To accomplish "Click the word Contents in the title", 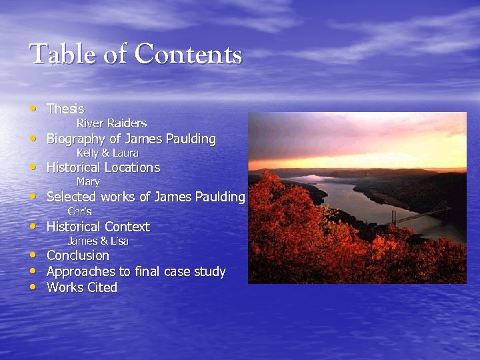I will (189, 54).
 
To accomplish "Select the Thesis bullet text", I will (65, 109).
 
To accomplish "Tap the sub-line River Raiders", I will (111, 123).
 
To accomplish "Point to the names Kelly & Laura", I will (107, 153).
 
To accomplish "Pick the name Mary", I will (88, 182).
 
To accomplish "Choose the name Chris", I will (79, 211).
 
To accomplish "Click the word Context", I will (127, 227).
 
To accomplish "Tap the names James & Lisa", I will (98, 241).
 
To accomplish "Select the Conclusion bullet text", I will (78, 255).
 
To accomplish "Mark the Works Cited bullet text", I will (82, 287).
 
